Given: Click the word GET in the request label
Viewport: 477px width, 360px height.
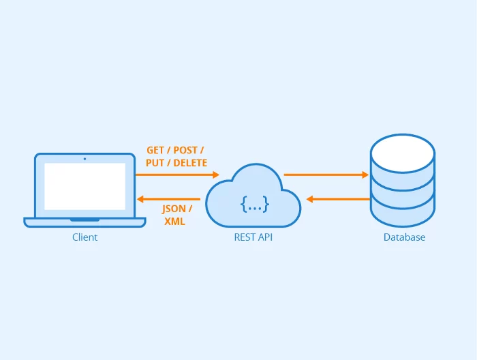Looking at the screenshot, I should pos(156,150).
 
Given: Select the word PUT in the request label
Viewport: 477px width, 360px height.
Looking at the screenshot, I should pos(156,163).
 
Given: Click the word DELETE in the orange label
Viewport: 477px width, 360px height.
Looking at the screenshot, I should pos(190,163).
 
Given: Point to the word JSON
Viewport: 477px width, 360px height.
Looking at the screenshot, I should pos(174,209).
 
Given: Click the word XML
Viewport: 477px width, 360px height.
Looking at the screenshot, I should pos(174,222).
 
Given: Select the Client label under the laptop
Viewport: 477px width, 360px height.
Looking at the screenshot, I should pos(84,237).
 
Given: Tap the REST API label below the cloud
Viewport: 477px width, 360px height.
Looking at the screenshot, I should pos(253,237).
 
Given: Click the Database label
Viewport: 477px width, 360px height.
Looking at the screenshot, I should pos(404,237).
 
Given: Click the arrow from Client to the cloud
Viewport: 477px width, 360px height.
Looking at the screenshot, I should pos(177,175).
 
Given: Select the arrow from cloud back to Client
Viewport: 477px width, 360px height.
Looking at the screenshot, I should pos(168,199).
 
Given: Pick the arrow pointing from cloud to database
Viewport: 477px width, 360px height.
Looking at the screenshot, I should pos(326,175).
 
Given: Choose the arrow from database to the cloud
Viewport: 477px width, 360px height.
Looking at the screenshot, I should pos(338,199).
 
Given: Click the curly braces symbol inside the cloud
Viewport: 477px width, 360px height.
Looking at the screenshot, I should pos(254,203).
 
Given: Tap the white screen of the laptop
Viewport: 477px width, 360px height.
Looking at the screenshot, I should pos(84,185).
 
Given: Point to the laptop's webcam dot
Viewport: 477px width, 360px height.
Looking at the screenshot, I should pos(84,158).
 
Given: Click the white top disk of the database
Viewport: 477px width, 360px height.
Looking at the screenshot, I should pos(402,151).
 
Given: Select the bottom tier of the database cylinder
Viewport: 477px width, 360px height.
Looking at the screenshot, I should pos(402,211).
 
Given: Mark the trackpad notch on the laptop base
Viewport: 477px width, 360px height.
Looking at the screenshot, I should pos(84,220).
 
